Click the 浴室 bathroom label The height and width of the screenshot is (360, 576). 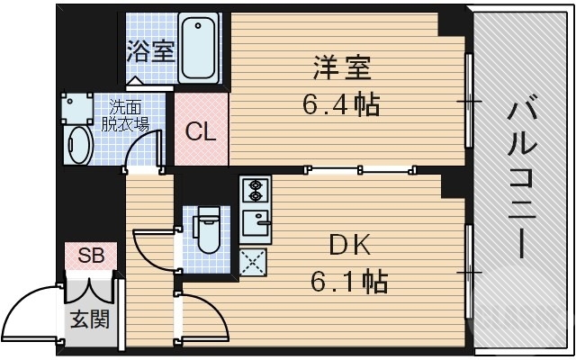150,51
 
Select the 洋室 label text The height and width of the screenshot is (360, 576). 342,69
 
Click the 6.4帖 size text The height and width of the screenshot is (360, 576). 340,103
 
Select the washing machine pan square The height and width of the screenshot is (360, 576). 76,107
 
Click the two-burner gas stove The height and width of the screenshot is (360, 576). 254,191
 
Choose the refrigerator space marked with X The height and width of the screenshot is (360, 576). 254,262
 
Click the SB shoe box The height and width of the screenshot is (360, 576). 90,256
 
